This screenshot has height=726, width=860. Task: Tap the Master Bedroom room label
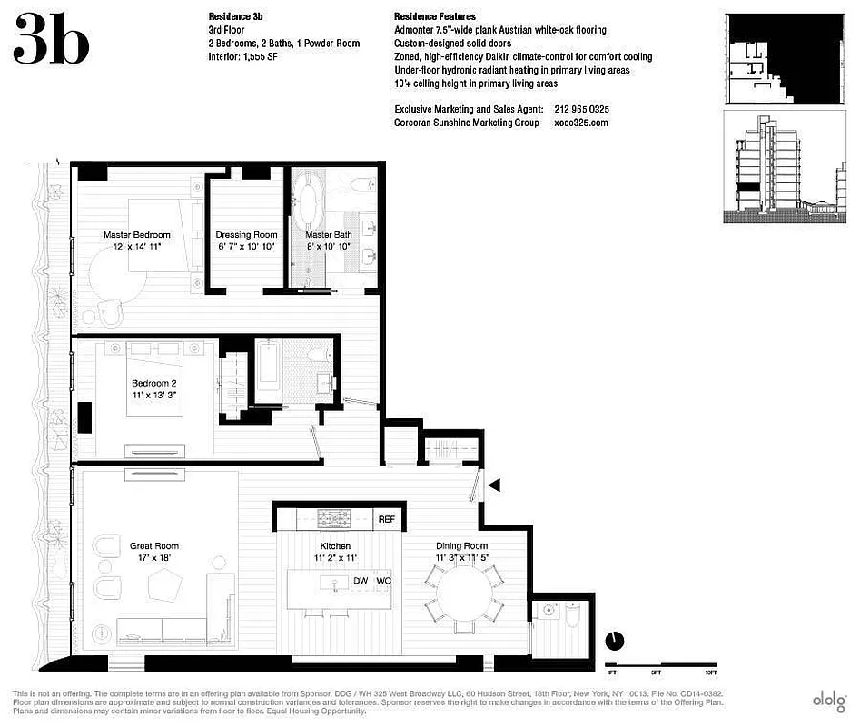pyautogui.click(x=136, y=240)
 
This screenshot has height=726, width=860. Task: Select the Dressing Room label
pyautogui.click(x=246, y=240)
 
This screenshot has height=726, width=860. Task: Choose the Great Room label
pyautogui.click(x=153, y=552)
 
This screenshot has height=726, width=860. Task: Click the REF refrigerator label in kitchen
pyautogui.click(x=387, y=519)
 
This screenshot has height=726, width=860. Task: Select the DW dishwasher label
pyautogui.click(x=360, y=580)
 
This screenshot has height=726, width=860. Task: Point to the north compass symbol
pyautogui.click(x=615, y=641)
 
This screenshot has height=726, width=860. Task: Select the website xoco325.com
pyautogui.click(x=580, y=123)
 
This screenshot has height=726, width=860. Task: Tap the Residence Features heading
pyautogui.click(x=434, y=17)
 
